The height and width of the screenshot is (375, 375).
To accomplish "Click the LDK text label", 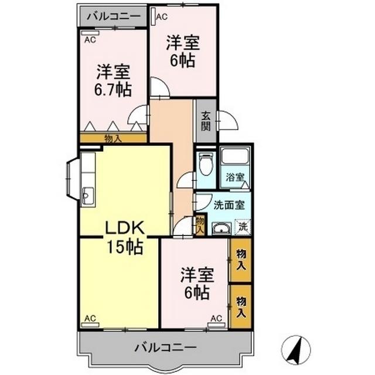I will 125,227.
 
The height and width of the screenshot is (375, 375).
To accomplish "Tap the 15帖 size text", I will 125,247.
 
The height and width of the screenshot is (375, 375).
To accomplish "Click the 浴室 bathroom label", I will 236,177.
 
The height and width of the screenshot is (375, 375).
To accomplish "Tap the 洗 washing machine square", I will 241,226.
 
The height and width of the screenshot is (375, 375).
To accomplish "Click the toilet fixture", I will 205,165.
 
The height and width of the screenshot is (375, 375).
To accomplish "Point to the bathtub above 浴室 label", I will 236,158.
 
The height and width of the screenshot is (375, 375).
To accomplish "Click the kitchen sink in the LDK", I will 88,194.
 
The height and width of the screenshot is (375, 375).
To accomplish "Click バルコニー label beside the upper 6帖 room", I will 111,16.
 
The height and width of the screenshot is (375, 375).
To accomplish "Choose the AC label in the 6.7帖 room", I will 90,40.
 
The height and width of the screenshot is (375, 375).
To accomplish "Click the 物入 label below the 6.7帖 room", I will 112,139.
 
